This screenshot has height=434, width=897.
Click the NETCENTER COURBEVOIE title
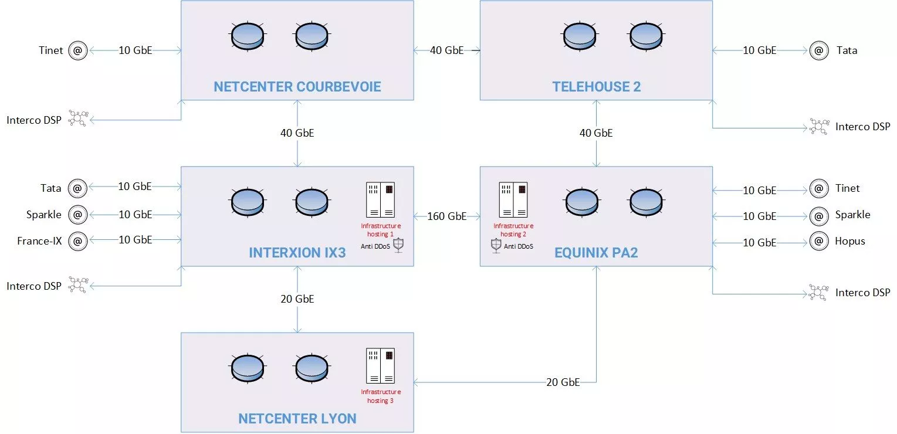point(297,87)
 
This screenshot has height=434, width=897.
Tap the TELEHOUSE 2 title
point(596,87)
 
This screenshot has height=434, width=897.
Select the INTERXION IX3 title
point(297,253)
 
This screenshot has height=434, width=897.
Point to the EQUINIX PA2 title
point(596,253)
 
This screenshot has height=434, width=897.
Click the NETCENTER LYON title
point(297,419)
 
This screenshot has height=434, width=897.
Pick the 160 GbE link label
point(446,216)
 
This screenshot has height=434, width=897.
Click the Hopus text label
point(850,241)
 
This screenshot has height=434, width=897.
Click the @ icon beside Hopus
point(818,241)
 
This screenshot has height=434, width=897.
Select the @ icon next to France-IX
point(77,240)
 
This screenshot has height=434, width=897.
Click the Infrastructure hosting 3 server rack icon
point(380,366)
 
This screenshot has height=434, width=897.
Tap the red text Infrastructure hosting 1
point(381,230)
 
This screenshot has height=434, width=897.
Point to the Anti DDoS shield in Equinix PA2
point(496,246)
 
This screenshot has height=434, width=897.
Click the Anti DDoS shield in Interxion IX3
point(398,245)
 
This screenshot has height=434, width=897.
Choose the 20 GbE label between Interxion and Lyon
point(297,299)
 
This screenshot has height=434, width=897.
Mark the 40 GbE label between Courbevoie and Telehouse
point(446,50)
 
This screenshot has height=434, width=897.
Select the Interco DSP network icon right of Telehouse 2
point(818,127)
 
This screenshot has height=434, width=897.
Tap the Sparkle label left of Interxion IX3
point(44,215)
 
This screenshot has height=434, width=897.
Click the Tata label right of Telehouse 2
point(847,51)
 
